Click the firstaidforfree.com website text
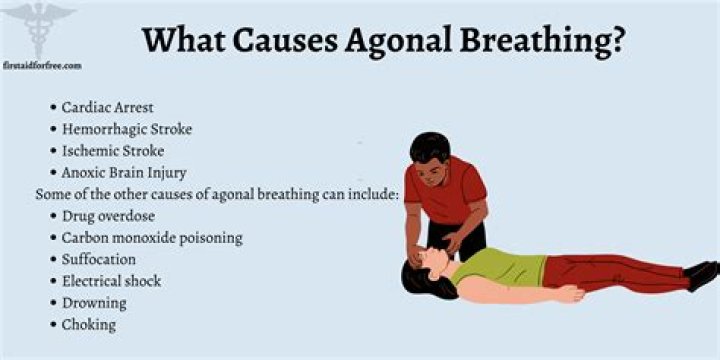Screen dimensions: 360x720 click(x=41, y=66)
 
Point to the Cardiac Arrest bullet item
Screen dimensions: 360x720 click(x=109, y=107)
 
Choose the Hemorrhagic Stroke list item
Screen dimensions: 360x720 click(x=127, y=129)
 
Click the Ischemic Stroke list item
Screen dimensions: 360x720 click(x=112, y=151)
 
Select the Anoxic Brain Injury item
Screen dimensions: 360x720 click(x=124, y=173)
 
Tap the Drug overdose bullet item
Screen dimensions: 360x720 click(x=108, y=216)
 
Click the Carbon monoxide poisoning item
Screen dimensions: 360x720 click(x=152, y=238)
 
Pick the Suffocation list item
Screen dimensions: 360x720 click(x=100, y=260)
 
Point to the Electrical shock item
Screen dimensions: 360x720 click(x=111, y=282)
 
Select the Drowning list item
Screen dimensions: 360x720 click(x=94, y=303)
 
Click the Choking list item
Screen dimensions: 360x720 click(x=89, y=325)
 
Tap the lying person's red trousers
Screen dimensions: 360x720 click(x=610, y=272)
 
